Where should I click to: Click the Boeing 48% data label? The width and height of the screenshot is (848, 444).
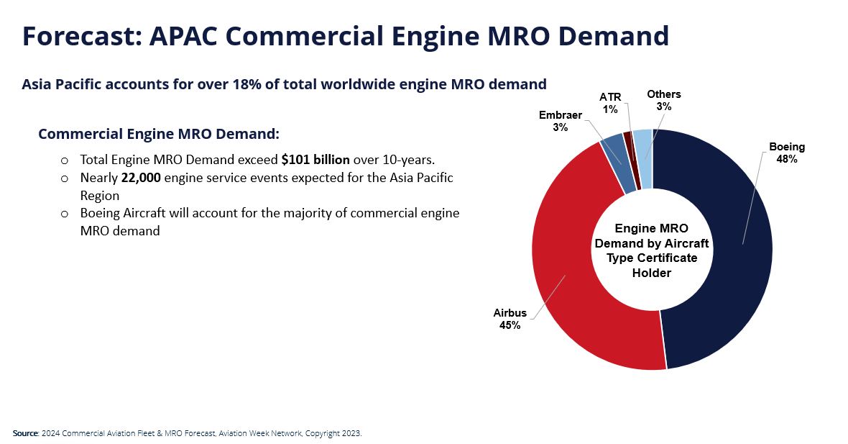(x=786, y=153)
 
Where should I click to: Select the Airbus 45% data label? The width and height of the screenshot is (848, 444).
(x=510, y=319)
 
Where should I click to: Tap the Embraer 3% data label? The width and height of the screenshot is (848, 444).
(x=560, y=121)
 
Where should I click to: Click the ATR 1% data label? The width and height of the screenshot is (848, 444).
(x=610, y=103)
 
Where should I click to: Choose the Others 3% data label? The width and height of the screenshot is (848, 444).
(x=663, y=100)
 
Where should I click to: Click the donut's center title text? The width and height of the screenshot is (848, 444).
(x=652, y=250)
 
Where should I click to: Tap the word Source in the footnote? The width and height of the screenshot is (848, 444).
(x=24, y=433)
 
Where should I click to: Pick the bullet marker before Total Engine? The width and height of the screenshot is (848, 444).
(x=64, y=160)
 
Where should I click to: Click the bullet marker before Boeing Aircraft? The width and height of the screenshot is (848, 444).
(x=64, y=214)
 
